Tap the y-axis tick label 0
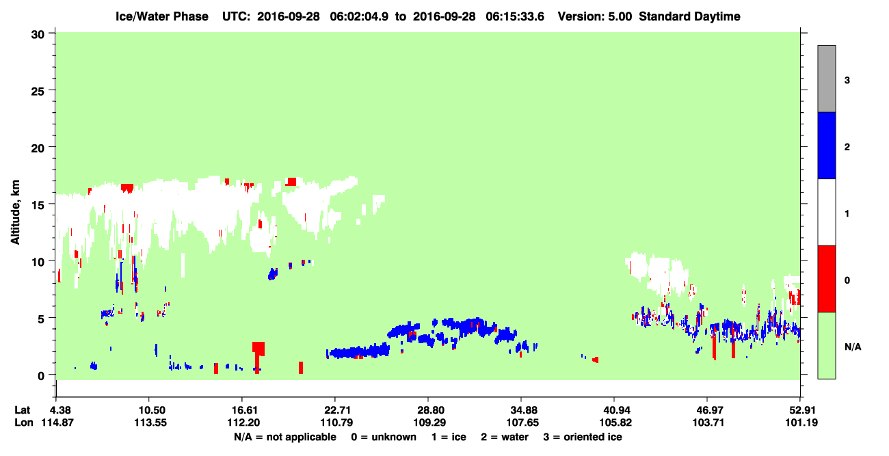click(41, 376)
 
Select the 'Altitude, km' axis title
click(15, 213)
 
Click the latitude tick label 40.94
click(615, 410)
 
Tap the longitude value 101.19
click(801, 423)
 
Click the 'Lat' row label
click(23, 410)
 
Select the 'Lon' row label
click(24, 423)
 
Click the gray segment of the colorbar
click(827, 79)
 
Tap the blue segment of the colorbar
click(827, 145)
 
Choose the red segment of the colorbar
click(827, 279)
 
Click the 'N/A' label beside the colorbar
click(853, 347)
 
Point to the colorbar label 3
click(847, 81)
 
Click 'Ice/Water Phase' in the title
click(162, 16)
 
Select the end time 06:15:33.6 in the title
click(515, 16)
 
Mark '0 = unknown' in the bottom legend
click(384, 437)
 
